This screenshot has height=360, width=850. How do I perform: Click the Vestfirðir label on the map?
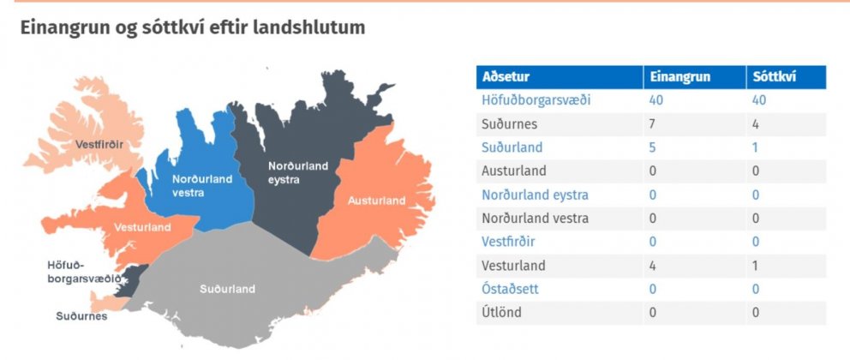(99, 144)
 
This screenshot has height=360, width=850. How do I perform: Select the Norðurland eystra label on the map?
(298, 172)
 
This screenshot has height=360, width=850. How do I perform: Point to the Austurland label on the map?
(376, 201)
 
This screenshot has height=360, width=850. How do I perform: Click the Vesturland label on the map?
(142, 227)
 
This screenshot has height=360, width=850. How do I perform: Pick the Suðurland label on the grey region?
(227, 289)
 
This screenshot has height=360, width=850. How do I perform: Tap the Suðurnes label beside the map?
(81, 315)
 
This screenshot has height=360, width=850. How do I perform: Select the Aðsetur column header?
(506, 77)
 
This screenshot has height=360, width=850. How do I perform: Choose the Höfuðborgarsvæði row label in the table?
(536, 100)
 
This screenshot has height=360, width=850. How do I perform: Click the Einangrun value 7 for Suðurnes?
(653, 124)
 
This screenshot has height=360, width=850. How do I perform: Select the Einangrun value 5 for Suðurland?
(653, 147)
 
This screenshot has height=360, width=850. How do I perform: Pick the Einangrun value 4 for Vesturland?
(653, 266)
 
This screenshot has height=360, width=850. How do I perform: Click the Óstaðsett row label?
(510, 289)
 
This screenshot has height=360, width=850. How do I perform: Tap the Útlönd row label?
(501, 313)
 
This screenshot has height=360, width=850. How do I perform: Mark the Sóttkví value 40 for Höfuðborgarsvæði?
(759, 100)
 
